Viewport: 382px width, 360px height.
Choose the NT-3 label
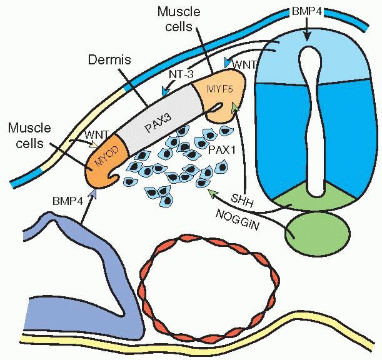click(x=183, y=75)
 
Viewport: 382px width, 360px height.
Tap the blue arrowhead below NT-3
click(x=165, y=92)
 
